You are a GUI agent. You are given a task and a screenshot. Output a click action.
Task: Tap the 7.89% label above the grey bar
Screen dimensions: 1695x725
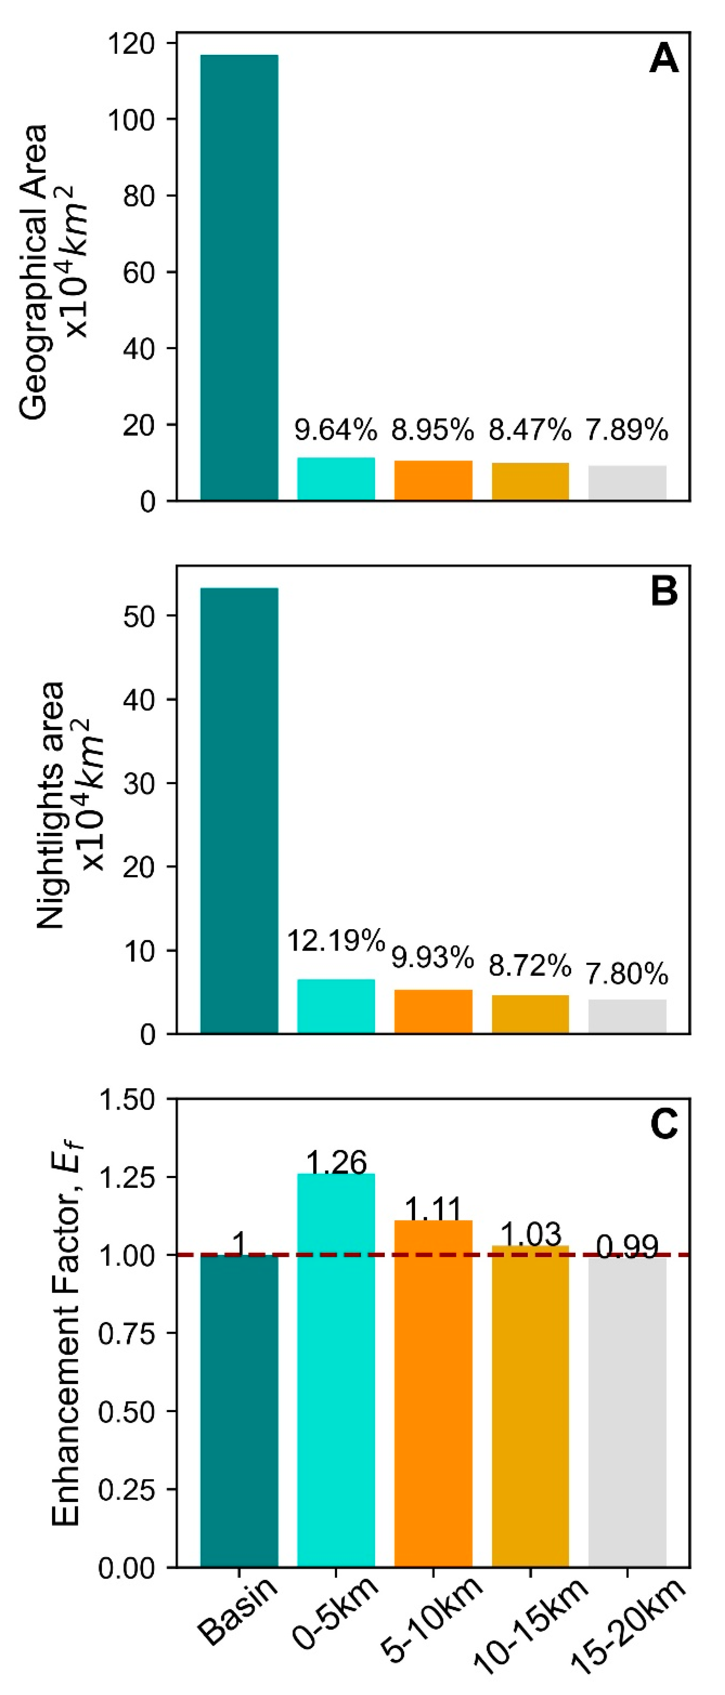click(x=627, y=430)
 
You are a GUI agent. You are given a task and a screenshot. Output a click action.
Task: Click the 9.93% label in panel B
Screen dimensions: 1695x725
click(x=432, y=957)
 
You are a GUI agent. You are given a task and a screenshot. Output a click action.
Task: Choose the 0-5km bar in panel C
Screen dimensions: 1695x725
click(x=336, y=1369)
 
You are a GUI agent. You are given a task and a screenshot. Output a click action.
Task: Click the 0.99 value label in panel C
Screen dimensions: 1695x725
click(x=627, y=1247)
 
